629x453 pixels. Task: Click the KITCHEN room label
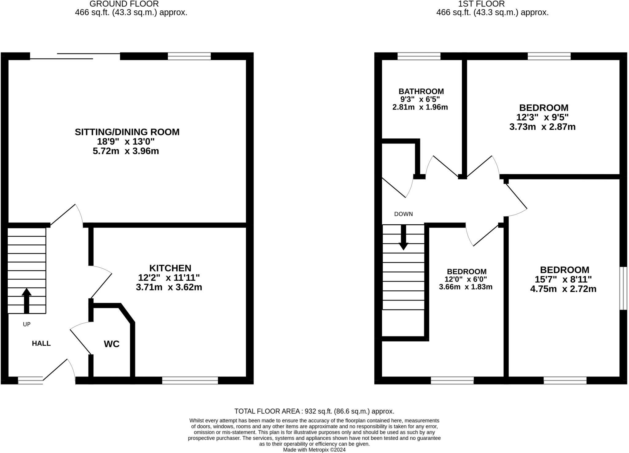click(170, 268)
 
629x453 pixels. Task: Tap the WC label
click(111, 344)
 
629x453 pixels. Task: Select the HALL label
click(41, 343)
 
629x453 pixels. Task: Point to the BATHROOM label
click(421, 91)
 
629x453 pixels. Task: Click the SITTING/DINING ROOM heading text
click(127, 132)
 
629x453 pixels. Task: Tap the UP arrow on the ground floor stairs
click(26, 300)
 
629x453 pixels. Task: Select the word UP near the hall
click(27, 324)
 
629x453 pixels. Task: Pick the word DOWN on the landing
click(403, 214)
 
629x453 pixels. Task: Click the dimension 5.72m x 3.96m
click(126, 151)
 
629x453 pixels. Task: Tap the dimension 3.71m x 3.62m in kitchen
click(169, 287)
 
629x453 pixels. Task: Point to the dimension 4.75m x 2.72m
click(563, 289)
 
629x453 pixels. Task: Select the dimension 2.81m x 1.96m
click(420, 107)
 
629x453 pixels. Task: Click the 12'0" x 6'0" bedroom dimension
click(466, 279)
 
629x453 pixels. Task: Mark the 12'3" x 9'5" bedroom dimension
click(542, 117)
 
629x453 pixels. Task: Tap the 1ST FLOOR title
click(481, 4)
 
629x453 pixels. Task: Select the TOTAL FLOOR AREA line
click(314, 411)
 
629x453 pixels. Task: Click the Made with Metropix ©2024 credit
click(314, 450)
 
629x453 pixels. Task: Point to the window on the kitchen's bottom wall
click(190, 381)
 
